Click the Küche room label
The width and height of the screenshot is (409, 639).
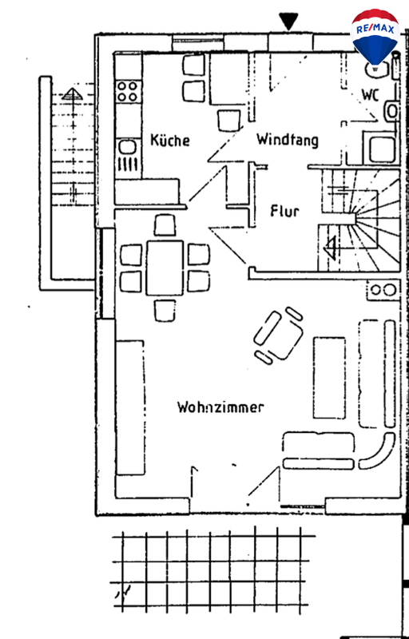[170, 140]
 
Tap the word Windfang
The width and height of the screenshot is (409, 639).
[288, 140]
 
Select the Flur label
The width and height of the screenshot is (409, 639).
[284, 211]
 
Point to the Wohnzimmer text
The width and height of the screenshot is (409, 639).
[220, 407]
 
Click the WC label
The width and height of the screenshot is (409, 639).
[371, 95]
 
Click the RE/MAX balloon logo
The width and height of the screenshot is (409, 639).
[375, 38]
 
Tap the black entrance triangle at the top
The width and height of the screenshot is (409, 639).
[288, 22]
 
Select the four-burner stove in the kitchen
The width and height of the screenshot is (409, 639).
[128, 91]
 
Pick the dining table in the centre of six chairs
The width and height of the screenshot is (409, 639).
[165, 268]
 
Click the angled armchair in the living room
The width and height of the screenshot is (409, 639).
[279, 335]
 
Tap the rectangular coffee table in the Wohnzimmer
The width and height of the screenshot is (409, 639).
[329, 378]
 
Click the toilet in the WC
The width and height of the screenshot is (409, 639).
[391, 110]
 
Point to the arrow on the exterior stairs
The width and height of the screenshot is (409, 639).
[73, 145]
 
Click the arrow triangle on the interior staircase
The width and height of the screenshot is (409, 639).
[331, 248]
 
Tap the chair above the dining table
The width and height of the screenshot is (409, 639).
[165, 225]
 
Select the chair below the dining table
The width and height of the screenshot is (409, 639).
[165, 311]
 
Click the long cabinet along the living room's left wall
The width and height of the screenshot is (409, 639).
[130, 407]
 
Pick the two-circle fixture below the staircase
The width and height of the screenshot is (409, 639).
[383, 290]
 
